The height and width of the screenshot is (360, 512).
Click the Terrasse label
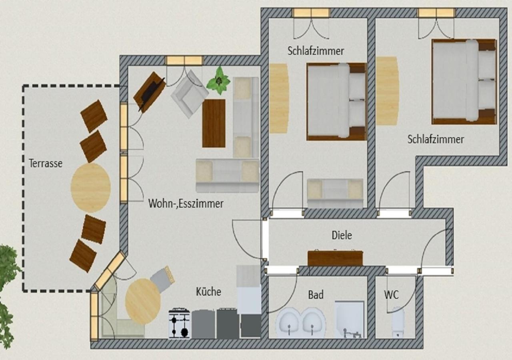click(46, 163)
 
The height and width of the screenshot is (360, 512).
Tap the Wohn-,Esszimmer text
click(186, 204)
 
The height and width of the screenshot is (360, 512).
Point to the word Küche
click(208, 292)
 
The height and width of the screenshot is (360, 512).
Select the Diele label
click(342, 235)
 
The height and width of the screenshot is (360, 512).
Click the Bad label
click(316, 295)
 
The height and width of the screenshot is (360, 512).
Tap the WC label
click(391, 295)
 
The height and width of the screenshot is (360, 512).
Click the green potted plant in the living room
click(218, 80)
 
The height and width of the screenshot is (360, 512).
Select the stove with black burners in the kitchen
click(180, 323)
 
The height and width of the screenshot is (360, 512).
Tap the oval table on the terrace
click(91, 188)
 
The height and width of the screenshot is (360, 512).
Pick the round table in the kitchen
click(143, 301)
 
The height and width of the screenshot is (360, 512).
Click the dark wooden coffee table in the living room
click(214, 123)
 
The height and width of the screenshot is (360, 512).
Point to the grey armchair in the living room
click(190, 94)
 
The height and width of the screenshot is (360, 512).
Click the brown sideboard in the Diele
click(335, 258)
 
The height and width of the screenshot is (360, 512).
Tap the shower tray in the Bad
click(349, 319)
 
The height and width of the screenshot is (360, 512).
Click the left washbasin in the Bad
click(289, 322)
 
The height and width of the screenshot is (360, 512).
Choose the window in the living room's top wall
click(184, 60)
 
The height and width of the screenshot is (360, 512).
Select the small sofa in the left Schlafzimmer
click(335, 193)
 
